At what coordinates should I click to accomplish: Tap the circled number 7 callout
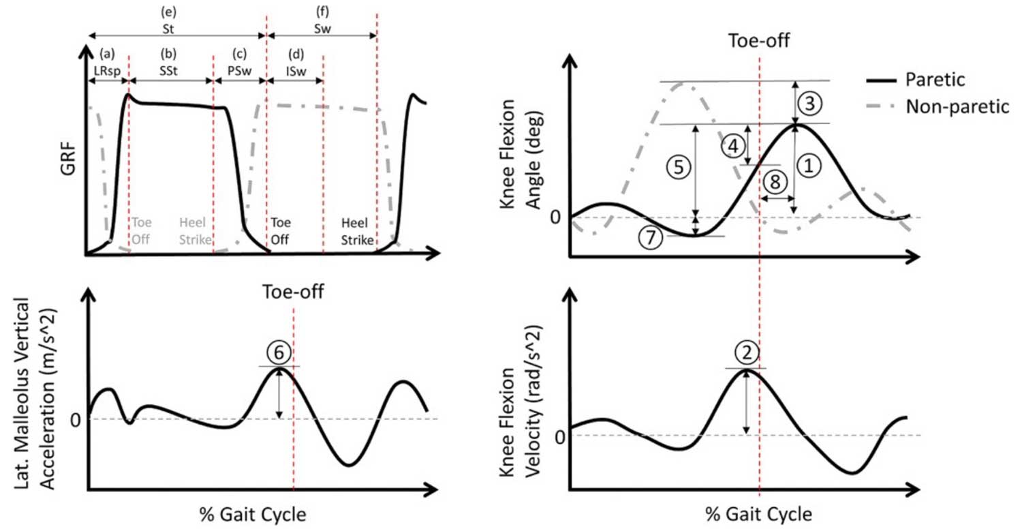point(651,236)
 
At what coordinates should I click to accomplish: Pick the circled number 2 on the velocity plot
point(747,352)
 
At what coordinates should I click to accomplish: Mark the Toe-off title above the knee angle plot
point(758,40)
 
